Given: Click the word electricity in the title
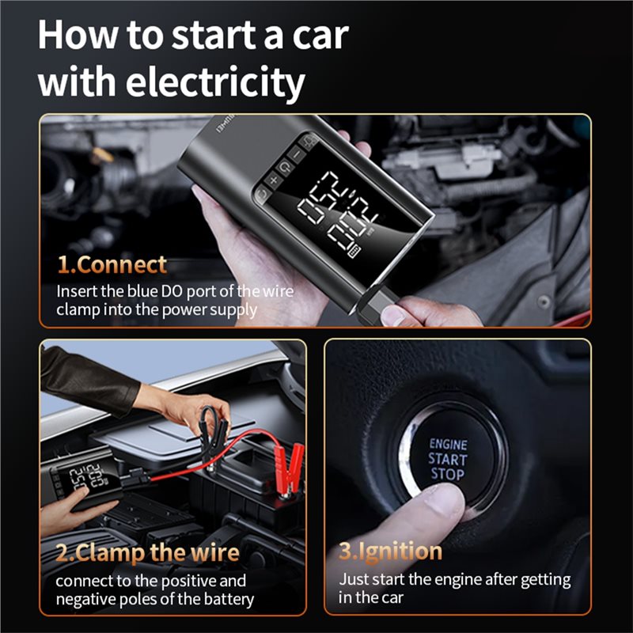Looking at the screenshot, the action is pyautogui.click(x=215, y=83).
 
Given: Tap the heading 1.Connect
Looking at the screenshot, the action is pyautogui.click(x=112, y=265).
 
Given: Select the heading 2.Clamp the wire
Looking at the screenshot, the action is pyautogui.click(x=147, y=552).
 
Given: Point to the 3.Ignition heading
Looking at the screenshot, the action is pyautogui.click(x=390, y=552).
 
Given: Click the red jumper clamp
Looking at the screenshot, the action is pyautogui.click(x=290, y=469).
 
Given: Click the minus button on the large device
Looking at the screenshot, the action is pyautogui.click(x=297, y=154).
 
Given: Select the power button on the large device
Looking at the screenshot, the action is pyautogui.click(x=285, y=167).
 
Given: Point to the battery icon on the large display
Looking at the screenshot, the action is pyautogui.click(x=354, y=251).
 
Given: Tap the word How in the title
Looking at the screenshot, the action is pyautogui.click(x=78, y=36).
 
